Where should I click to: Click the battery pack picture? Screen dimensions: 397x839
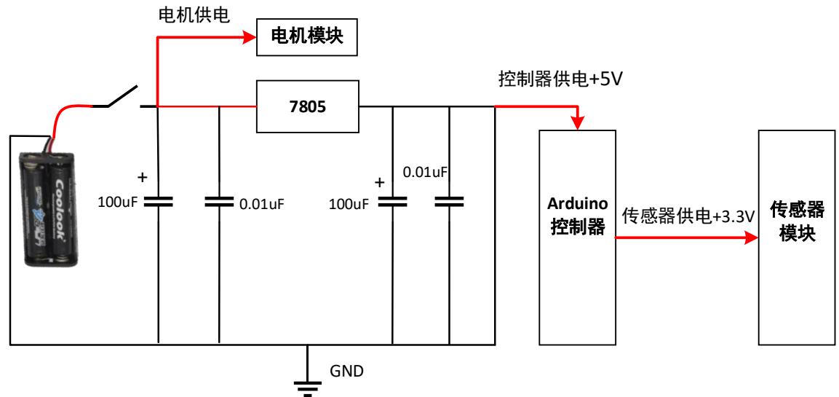tap(50, 206)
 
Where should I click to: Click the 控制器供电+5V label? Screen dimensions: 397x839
tap(557, 78)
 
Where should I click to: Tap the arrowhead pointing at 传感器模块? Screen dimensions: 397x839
tap(752, 237)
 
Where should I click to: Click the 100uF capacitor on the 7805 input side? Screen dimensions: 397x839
tap(158, 202)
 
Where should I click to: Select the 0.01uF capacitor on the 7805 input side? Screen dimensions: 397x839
tap(219, 202)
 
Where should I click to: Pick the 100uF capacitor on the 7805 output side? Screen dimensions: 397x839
tap(393, 202)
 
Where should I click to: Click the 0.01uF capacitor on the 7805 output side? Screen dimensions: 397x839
tap(449, 202)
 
